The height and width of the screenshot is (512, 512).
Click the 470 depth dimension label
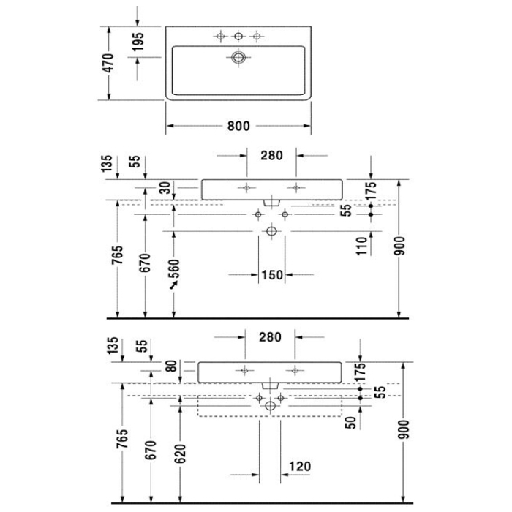(x=108, y=63)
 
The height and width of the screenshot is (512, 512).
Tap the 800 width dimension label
(x=238, y=126)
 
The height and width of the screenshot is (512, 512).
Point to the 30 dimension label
(x=166, y=189)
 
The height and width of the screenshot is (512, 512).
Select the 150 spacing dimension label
(x=271, y=275)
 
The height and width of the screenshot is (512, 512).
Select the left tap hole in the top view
(x=220, y=36)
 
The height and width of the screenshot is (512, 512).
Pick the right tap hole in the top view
(x=257, y=36)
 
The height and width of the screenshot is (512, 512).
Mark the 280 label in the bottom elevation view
(x=270, y=337)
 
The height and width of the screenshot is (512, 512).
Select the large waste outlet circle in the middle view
(x=271, y=231)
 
